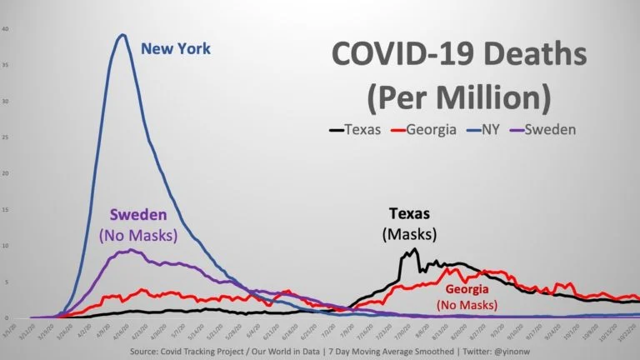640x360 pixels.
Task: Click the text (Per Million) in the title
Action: coord(458,97)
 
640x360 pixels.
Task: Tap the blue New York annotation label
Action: coord(176,49)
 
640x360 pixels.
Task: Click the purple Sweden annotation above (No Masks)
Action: coord(137,214)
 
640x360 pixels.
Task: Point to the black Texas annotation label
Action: coord(409,212)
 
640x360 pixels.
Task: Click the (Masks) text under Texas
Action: coord(409,234)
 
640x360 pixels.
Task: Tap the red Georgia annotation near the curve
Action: coord(474,289)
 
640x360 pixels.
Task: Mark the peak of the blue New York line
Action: coord(123,34)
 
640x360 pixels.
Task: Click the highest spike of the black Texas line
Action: coord(415,248)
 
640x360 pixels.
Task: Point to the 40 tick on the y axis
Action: coord(6,29)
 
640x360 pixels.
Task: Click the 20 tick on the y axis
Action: coord(6,173)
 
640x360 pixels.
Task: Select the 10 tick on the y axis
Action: coord(6,246)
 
